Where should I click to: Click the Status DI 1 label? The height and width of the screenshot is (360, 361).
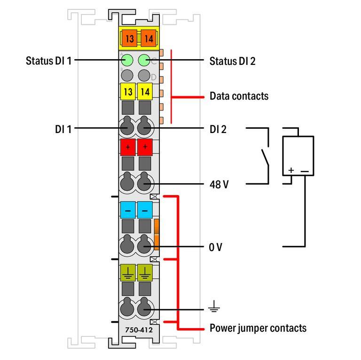(48, 61)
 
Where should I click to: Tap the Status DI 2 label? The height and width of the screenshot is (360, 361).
(232, 61)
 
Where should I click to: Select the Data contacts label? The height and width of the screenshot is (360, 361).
(239, 96)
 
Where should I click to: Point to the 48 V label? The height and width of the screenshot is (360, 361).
(219, 184)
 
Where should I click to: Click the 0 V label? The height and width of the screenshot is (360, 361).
(215, 247)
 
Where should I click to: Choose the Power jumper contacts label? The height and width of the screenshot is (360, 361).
(258, 328)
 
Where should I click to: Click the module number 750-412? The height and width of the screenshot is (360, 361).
(139, 329)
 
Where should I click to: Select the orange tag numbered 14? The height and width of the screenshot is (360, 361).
(148, 38)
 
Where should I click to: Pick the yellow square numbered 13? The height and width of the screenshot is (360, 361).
(128, 92)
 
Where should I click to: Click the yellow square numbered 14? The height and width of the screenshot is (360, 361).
(145, 92)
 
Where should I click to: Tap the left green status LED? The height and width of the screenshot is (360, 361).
(127, 61)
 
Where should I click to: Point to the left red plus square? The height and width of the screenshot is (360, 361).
(128, 147)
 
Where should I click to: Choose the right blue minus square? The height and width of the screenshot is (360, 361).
(145, 210)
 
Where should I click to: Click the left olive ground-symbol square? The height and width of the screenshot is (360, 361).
(128, 273)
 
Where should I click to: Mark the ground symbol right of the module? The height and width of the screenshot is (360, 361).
(214, 306)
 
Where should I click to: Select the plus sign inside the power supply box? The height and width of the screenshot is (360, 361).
(291, 170)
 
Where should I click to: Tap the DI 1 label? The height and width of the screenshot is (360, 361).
(63, 129)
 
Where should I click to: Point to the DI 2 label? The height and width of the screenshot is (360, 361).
(218, 129)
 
